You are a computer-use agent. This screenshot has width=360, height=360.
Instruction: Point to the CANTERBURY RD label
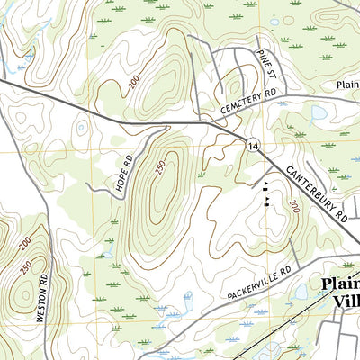pyautogui.click(x=317, y=193)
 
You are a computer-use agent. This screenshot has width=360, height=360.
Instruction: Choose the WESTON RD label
pyautogui.click(x=40, y=301)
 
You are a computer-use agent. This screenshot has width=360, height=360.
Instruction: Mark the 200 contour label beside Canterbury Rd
pyautogui.click(x=293, y=207)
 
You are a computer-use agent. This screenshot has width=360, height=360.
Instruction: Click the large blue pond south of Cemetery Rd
pyautogui.click(x=319, y=115)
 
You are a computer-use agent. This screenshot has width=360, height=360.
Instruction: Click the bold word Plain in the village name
pyautogui.click(x=339, y=286)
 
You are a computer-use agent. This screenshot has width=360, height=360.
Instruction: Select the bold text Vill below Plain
pyautogui.click(x=345, y=302)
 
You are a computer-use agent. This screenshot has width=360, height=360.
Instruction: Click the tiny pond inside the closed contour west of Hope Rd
pyautogui.click(x=83, y=128)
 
